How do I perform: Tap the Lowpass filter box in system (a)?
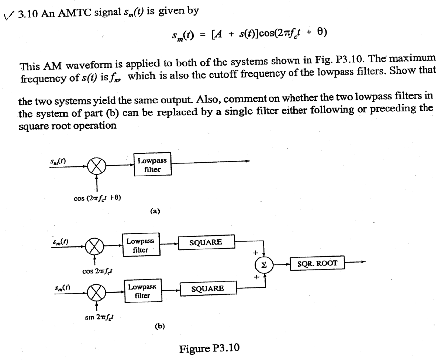point(152,165)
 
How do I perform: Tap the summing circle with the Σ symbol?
point(263,265)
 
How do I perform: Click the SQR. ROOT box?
point(317,264)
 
